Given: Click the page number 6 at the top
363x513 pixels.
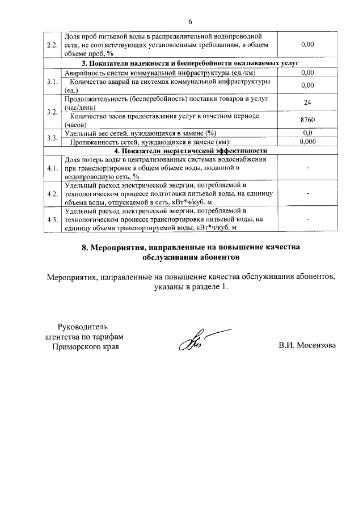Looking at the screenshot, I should tap(191, 22).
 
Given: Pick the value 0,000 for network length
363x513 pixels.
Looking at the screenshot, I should tap(307, 142).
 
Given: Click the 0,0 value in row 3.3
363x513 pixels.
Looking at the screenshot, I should tap(307, 133).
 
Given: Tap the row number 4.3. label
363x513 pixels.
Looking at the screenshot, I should tap(53, 219).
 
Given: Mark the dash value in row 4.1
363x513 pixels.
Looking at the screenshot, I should tap(307, 167).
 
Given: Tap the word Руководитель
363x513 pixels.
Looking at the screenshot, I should tap(82, 326).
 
